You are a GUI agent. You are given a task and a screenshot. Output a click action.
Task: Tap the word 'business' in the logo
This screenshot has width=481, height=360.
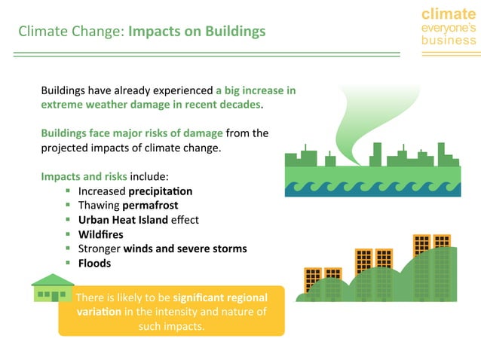[449, 40]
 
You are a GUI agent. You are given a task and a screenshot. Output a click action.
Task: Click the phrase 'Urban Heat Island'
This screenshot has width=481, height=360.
[124, 220]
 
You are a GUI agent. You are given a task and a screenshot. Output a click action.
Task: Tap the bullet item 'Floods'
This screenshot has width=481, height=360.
[94, 263]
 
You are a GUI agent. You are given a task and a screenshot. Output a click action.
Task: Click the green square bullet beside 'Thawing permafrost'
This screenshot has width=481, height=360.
[68, 206]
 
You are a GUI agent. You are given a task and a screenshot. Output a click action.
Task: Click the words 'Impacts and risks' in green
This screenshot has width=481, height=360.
[84, 177]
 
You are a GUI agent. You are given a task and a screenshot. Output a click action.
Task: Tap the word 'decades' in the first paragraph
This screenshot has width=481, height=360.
[240, 104]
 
